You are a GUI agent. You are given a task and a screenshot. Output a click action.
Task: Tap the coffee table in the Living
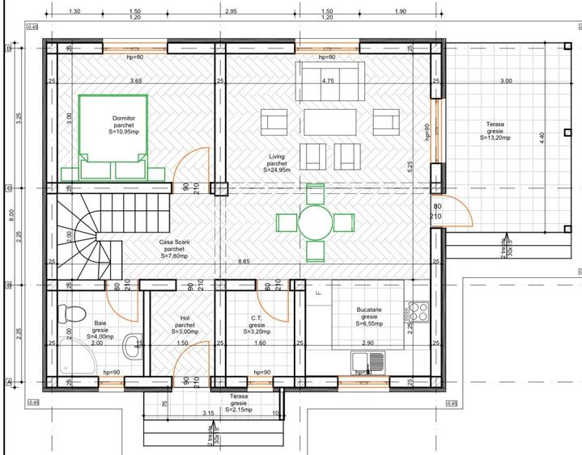click(x=329, y=123)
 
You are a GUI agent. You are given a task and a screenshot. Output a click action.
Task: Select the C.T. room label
click(x=254, y=318)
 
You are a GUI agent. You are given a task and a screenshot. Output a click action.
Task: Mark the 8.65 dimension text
click(x=244, y=262)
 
